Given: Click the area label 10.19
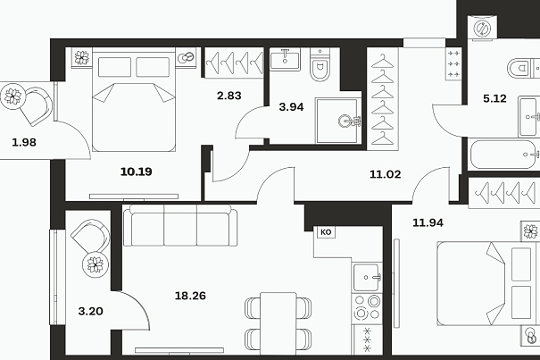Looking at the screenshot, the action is [x=137, y=172].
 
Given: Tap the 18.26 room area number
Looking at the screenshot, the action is [x=190, y=296].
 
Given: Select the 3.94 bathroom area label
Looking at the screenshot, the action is [x=291, y=107].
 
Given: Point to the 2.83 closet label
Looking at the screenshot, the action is [x=229, y=96].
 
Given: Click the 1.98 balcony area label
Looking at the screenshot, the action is [x=24, y=142].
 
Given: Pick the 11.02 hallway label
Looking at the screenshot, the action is [x=386, y=174].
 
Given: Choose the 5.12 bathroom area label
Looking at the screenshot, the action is [x=494, y=98].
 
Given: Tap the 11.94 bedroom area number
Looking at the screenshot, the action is [x=428, y=222].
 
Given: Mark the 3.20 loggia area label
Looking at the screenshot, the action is [x=90, y=311].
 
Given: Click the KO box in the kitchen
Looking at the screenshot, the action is [x=326, y=232].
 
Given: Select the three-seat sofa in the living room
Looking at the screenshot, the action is [x=180, y=225].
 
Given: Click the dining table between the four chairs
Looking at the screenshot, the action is [x=278, y=323].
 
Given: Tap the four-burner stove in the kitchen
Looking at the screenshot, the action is [x=367, y=308].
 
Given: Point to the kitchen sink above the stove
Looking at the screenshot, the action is [x=367, y=278].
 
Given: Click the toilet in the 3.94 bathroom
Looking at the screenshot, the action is [x=320, y=64].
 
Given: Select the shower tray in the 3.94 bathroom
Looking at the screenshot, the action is [x=338, y=121].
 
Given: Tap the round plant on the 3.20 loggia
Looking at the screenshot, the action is [x=95, y=264].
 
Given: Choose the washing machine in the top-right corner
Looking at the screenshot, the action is [x=482, y=28].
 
